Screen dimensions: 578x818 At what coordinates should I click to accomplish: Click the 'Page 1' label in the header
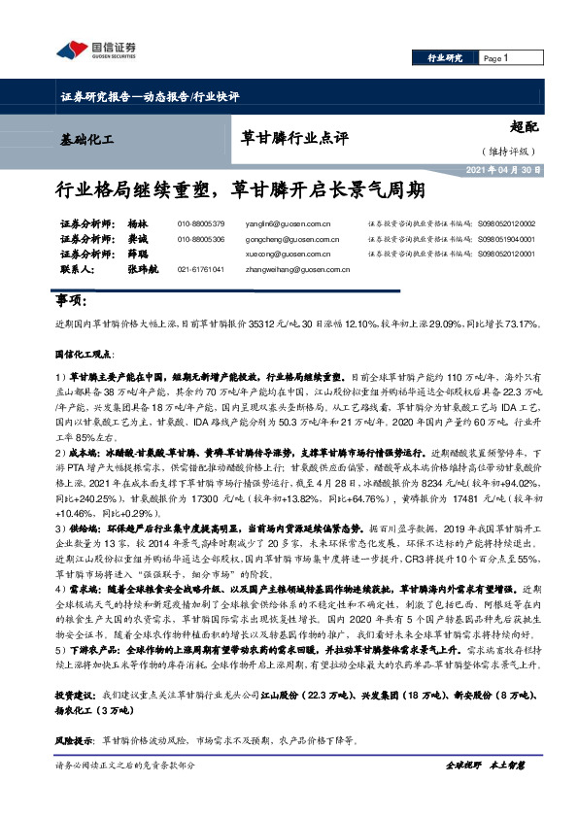coord(495,59)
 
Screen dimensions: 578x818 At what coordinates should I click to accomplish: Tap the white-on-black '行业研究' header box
coord(445,59)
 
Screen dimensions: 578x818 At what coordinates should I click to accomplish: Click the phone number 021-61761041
coord(201,269)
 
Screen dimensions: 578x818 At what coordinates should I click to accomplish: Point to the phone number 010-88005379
coord(201,222)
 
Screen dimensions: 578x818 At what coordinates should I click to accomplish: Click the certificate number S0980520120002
coord(506,222)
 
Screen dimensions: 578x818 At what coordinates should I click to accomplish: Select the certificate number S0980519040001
coord(506,238)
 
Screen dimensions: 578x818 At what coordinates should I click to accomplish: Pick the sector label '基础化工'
coord(86,140)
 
